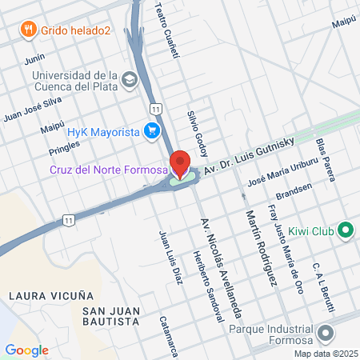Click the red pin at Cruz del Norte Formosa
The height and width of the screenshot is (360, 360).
(181, 162)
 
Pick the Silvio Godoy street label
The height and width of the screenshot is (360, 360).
(200, 126)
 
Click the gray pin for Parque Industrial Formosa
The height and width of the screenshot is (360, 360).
(325, 332)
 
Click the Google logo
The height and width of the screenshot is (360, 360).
(26, 350)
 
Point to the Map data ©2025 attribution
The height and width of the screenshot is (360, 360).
(325, 354)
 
